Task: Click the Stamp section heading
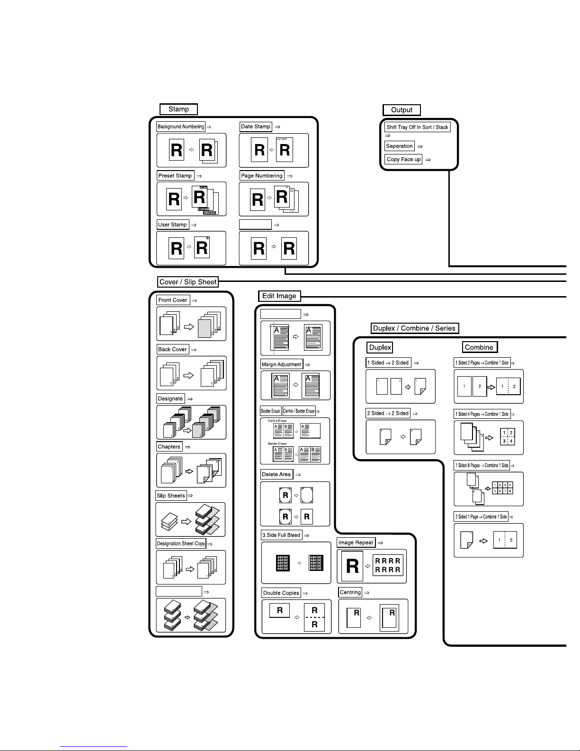[x=178, y=109]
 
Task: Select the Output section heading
[x=402, y=110]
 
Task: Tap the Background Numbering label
[x=180, y=127]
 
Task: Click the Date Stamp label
[x=256, y=127]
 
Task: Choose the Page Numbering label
[x=262, y=176]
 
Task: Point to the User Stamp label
[x=172, y=225]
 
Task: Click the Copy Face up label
[x=403, y=160]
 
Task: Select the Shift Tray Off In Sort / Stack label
[x=417, y=127]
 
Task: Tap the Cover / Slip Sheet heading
[x=188, y=282]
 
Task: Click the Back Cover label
[x=172, y=349]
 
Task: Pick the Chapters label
[x=169, y=447]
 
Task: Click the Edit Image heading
[x=279, y=296]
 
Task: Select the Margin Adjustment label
[x=282, y=364]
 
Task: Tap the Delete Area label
[x=277, y=474]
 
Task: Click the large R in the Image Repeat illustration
[x=352, y=566]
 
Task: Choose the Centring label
[x=350, y=592]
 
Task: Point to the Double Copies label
[x=281, y=593]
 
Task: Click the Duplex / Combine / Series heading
[x=414, y=328]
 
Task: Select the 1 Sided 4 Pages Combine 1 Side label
[x=482, y=414]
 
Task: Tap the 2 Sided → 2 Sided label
[x=388, y=413]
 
